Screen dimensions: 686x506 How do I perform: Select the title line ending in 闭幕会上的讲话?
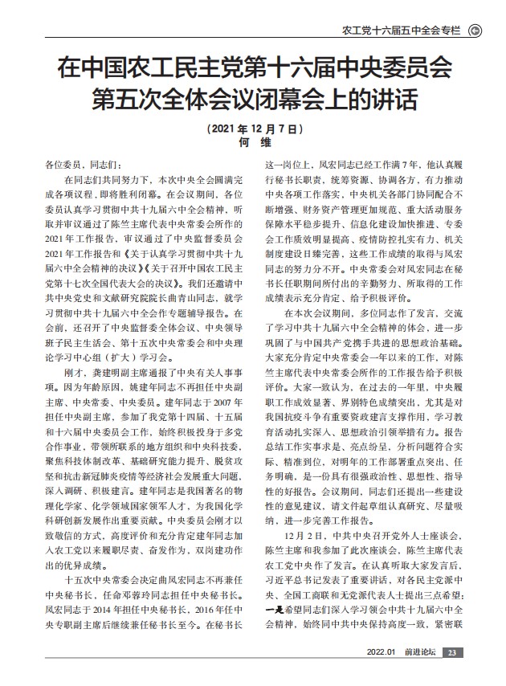pos(253,102)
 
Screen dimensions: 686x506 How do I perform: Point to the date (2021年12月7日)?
pos(253,129)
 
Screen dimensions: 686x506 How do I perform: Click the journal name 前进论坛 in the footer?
pos(419,674)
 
